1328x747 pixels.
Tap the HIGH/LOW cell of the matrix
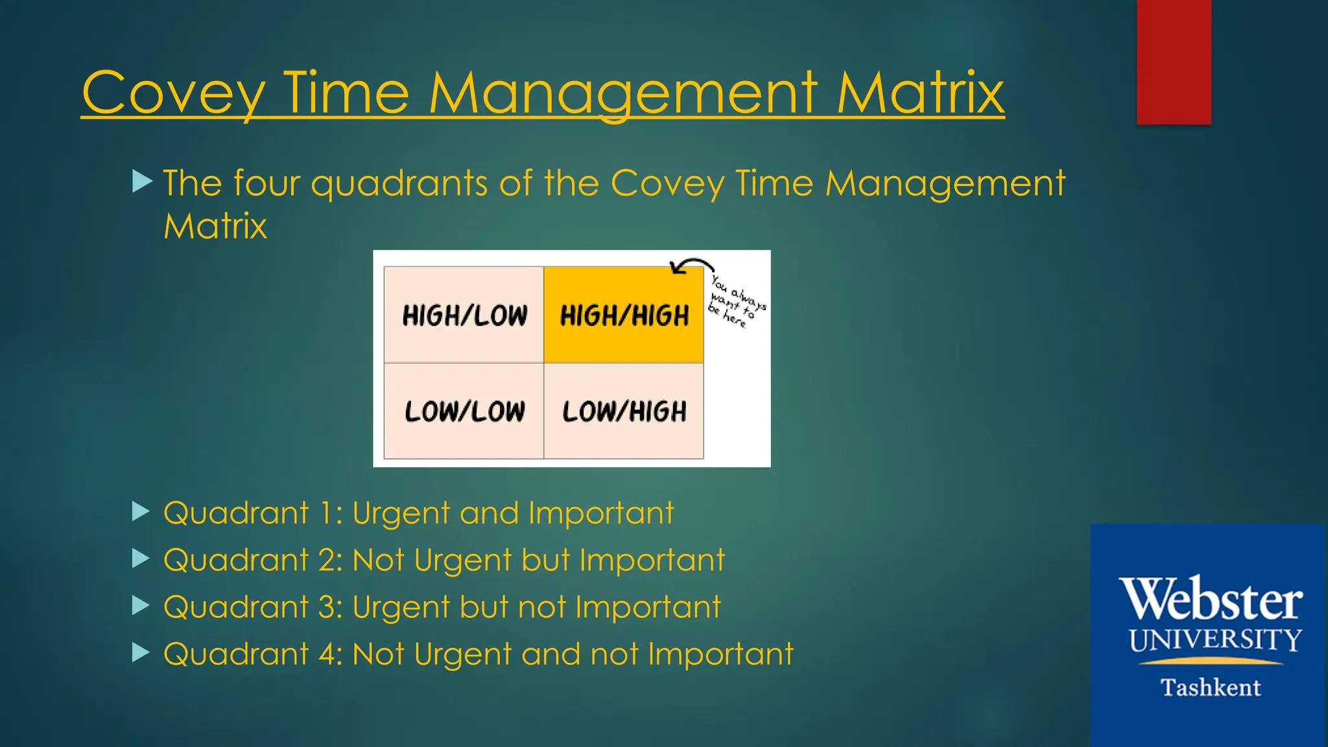point(464,315)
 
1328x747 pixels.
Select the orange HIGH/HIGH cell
point(624,315)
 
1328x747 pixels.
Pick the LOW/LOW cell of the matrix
point(464,411)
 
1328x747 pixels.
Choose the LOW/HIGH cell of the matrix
point(624,411)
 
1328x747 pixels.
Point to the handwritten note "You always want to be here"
point(736,302)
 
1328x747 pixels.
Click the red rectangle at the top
point(1174,62)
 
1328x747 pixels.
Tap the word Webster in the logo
point(1210,599)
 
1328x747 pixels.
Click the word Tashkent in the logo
point(1210,687)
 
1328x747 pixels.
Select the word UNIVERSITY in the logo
point(1215,640)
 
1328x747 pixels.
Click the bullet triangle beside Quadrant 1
point(141,512)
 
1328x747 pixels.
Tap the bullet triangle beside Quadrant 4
point(141,652)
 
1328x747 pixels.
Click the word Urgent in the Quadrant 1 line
point(401,514)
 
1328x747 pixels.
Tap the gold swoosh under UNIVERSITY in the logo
point(1210,662)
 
